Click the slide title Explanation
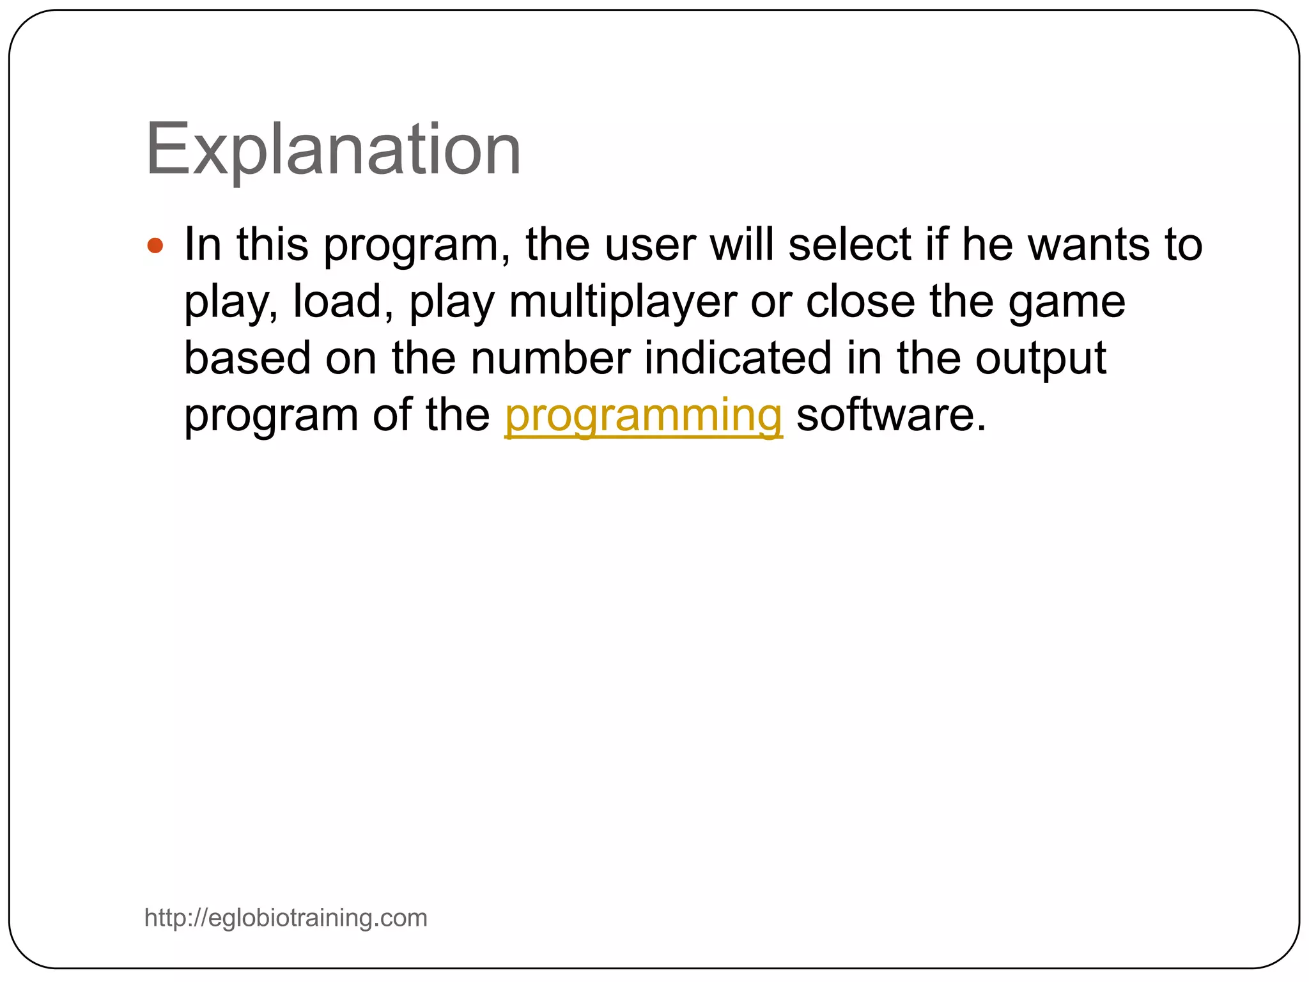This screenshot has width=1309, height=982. [x=333, y=150]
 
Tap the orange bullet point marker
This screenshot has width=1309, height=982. [x=155, y=245]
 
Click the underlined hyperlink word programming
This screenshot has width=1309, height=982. [x=643, y=416]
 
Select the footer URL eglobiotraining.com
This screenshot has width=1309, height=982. [x=286, y=918]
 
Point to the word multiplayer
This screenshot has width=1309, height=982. [x=623, y=302]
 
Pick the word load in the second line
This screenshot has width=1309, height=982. [x=337, y=302]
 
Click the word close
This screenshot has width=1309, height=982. [x=860, y=302]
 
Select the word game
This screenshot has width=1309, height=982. [x=1067, y=303]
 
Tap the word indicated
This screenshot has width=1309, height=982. [x=738, y=359]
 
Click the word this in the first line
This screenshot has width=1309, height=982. [x=272, y=245]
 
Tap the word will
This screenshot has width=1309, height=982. [x=742, y=245]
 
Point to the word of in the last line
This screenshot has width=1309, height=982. [x=392, y=416]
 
